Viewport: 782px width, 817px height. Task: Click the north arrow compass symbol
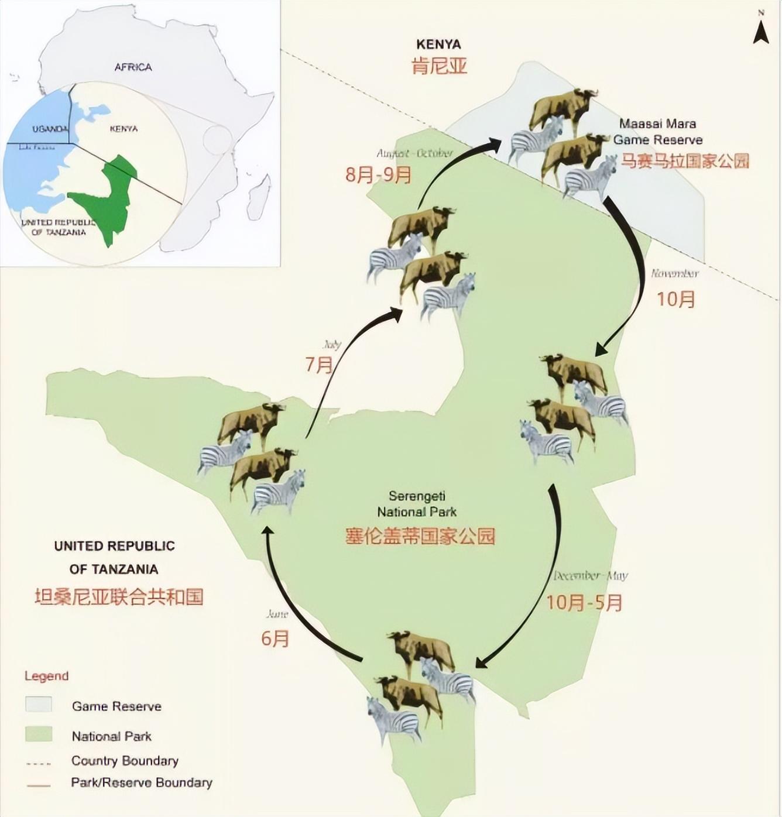click(760, 30)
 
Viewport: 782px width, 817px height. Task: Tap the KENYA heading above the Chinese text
click(438, 44)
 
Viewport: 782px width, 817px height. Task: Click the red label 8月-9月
click(378, 174)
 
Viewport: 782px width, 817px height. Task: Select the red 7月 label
click(319, 365)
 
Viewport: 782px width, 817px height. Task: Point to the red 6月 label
click(275, 638)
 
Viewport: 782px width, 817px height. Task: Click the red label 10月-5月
click(584, 602)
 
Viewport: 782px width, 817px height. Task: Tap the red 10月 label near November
click(675, 299)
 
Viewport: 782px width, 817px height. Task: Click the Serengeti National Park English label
click(417, 504)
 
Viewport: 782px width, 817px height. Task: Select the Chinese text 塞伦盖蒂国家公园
click(420, 535)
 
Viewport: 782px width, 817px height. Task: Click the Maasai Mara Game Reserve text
click(657, 132)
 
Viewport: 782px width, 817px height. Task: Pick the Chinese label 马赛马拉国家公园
click(684, 161)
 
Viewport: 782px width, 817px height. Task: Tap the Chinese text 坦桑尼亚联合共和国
click(119, 596)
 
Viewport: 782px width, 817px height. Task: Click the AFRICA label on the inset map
click(133, 67)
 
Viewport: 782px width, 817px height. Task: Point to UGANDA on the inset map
click(50, 129)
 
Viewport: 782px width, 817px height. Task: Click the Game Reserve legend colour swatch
click(39, 705)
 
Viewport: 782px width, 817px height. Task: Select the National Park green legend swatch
click(39, 734)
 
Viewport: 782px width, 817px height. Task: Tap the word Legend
click(46, 676)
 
